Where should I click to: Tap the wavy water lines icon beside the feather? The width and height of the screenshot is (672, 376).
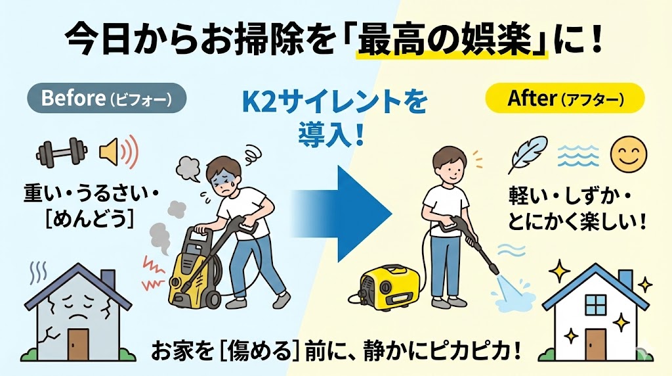[x=577, y=154]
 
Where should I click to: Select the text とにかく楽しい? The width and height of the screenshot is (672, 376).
[x=577, y=219]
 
